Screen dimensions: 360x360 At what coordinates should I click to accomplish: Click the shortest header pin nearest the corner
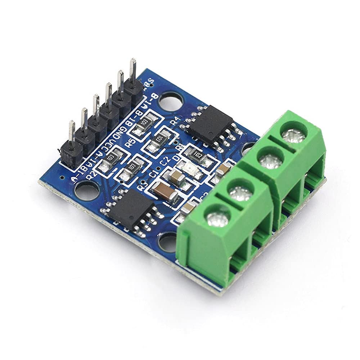click(x=72, y=131)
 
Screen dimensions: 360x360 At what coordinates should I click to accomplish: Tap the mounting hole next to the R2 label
click(x=87, y=190)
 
